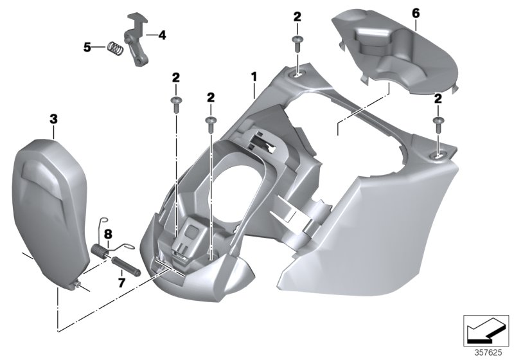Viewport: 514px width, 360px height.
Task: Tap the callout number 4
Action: [161, 36]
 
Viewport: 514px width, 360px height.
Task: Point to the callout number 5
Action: [87, 46]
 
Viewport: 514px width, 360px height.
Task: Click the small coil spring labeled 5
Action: [115, 48]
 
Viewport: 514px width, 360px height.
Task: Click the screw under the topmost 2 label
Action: [297, 42]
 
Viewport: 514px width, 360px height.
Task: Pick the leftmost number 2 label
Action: [175, 78]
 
